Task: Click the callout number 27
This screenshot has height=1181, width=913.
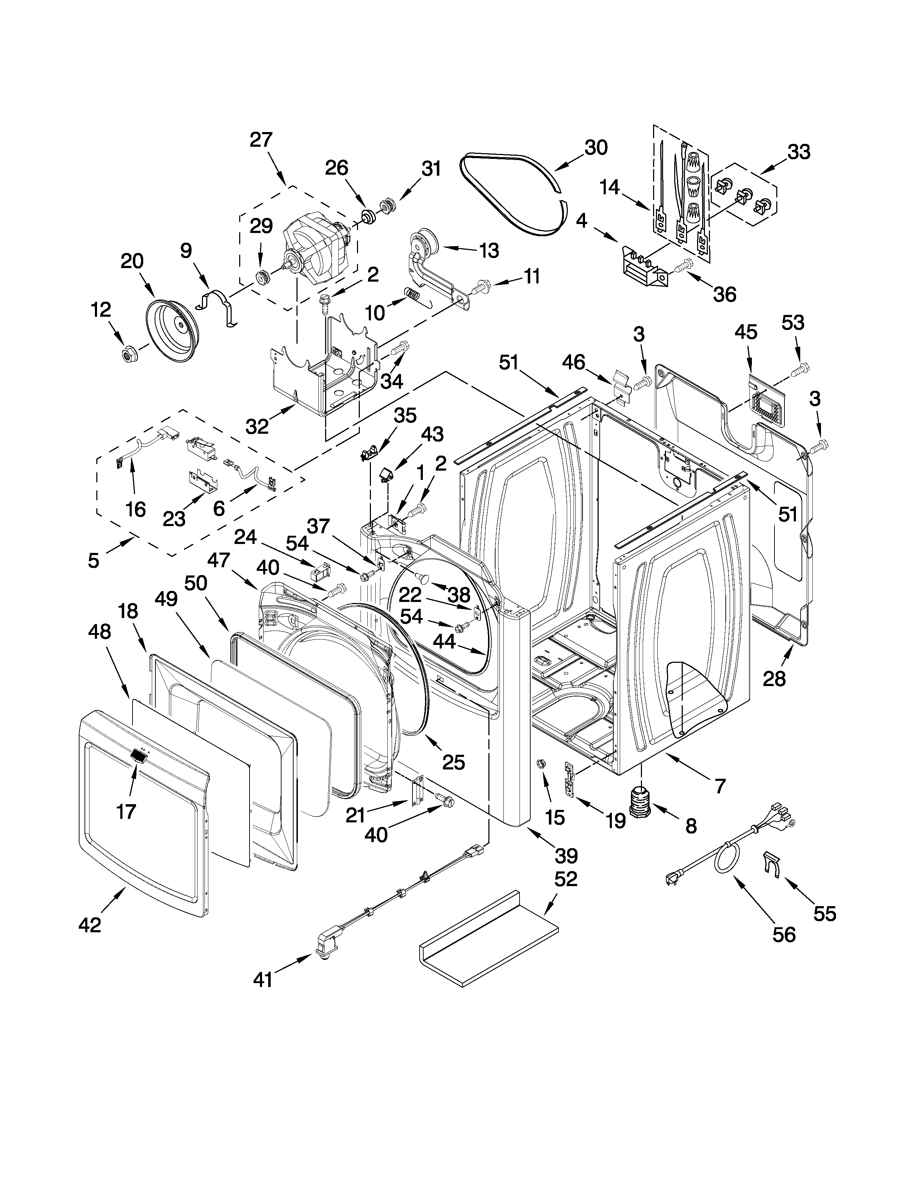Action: point(261,140)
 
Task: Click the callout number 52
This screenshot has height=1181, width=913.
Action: point(566,879)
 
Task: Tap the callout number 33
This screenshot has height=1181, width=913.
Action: point(799,152)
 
